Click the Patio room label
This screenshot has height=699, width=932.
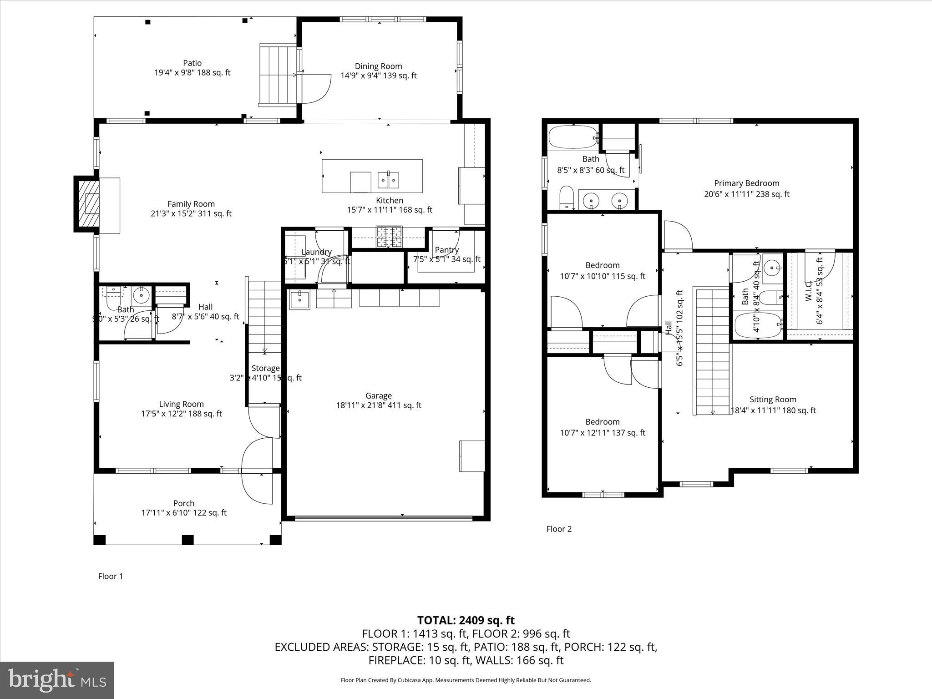[192, 63]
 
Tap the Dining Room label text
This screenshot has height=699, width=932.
[378, 66]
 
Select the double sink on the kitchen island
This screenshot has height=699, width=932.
[389, 180]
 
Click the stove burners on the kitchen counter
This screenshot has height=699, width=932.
[389, 237]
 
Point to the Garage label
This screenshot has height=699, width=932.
[378, 396]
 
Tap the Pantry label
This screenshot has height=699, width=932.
[446, 250]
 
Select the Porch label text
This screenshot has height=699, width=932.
[184, 503]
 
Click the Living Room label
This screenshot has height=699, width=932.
[181, 404]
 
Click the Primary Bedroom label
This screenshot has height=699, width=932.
[746, 183]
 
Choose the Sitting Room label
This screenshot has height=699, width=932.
[773, 400]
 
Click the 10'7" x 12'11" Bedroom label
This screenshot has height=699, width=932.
[602, 422]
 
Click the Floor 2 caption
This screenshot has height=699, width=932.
[559, 529]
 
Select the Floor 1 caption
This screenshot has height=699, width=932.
[111, 576]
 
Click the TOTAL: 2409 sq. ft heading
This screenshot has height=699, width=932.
[466, 620]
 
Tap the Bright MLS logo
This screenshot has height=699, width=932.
[57, 680]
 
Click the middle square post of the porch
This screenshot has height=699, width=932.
[187, 540]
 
